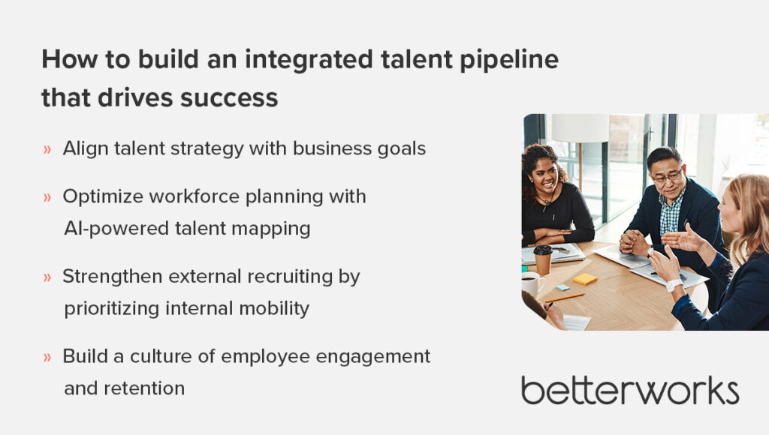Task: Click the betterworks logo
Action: point(630,391)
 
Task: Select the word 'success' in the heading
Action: point(229,97)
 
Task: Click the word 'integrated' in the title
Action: point(309,60)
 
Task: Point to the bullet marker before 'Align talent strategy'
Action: point(47,149)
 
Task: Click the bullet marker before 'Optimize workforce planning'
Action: point(47,197)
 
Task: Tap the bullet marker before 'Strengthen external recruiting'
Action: point(47,277)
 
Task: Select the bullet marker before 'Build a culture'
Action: point(47,357)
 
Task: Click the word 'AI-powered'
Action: point(116,229)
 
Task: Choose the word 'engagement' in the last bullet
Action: point(373,357)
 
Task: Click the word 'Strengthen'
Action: point(113,277)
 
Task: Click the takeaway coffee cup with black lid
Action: point(543,259)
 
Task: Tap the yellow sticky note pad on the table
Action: point(585,279)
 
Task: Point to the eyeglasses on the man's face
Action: point(668,176)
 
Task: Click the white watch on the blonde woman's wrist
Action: point(674,285)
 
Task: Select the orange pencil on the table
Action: point(565,297)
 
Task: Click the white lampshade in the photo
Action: point(581,127)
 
